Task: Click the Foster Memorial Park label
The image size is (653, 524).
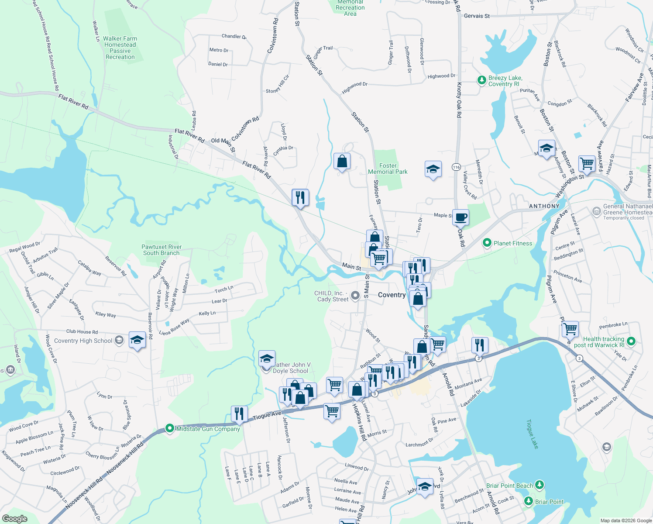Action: [388, 169]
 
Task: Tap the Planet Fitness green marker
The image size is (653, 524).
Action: [487, 243]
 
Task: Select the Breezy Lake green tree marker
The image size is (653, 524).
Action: [481, 80]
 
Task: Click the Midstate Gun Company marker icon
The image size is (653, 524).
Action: [170, 428]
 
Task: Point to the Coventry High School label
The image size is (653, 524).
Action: [83, 341]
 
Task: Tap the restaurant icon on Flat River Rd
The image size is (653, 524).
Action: [300, 198]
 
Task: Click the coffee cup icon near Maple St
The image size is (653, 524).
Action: [461, 217]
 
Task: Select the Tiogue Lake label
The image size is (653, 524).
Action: [532, 434]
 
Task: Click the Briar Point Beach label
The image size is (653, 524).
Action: [509, 486]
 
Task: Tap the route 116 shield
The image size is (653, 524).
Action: [457, 167]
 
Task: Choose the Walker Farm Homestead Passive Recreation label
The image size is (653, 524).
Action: [120, 48]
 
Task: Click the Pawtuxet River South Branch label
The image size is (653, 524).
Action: [162, 250]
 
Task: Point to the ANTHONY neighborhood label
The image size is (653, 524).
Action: [544, 206]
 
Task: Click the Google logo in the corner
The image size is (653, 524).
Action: [14, 518]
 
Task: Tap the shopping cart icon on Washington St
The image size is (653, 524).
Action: [587, 164]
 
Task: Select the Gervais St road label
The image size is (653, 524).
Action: [477, 16]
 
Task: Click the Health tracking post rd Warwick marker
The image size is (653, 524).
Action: [631, 341]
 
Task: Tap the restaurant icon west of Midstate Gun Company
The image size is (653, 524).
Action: [239, 413]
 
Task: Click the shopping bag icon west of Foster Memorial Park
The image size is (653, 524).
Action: [342, 161]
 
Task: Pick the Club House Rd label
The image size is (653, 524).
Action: [82, 332]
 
